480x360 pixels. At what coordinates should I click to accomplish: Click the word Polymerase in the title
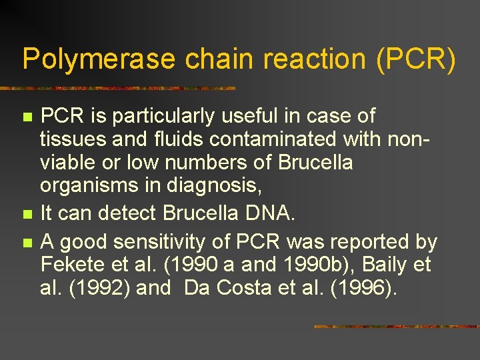pos(98,59)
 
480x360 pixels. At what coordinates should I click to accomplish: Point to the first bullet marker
pos(27,117)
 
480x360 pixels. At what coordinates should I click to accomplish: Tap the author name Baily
pos(379,265)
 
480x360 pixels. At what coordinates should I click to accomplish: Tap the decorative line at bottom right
pos(396,327)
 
